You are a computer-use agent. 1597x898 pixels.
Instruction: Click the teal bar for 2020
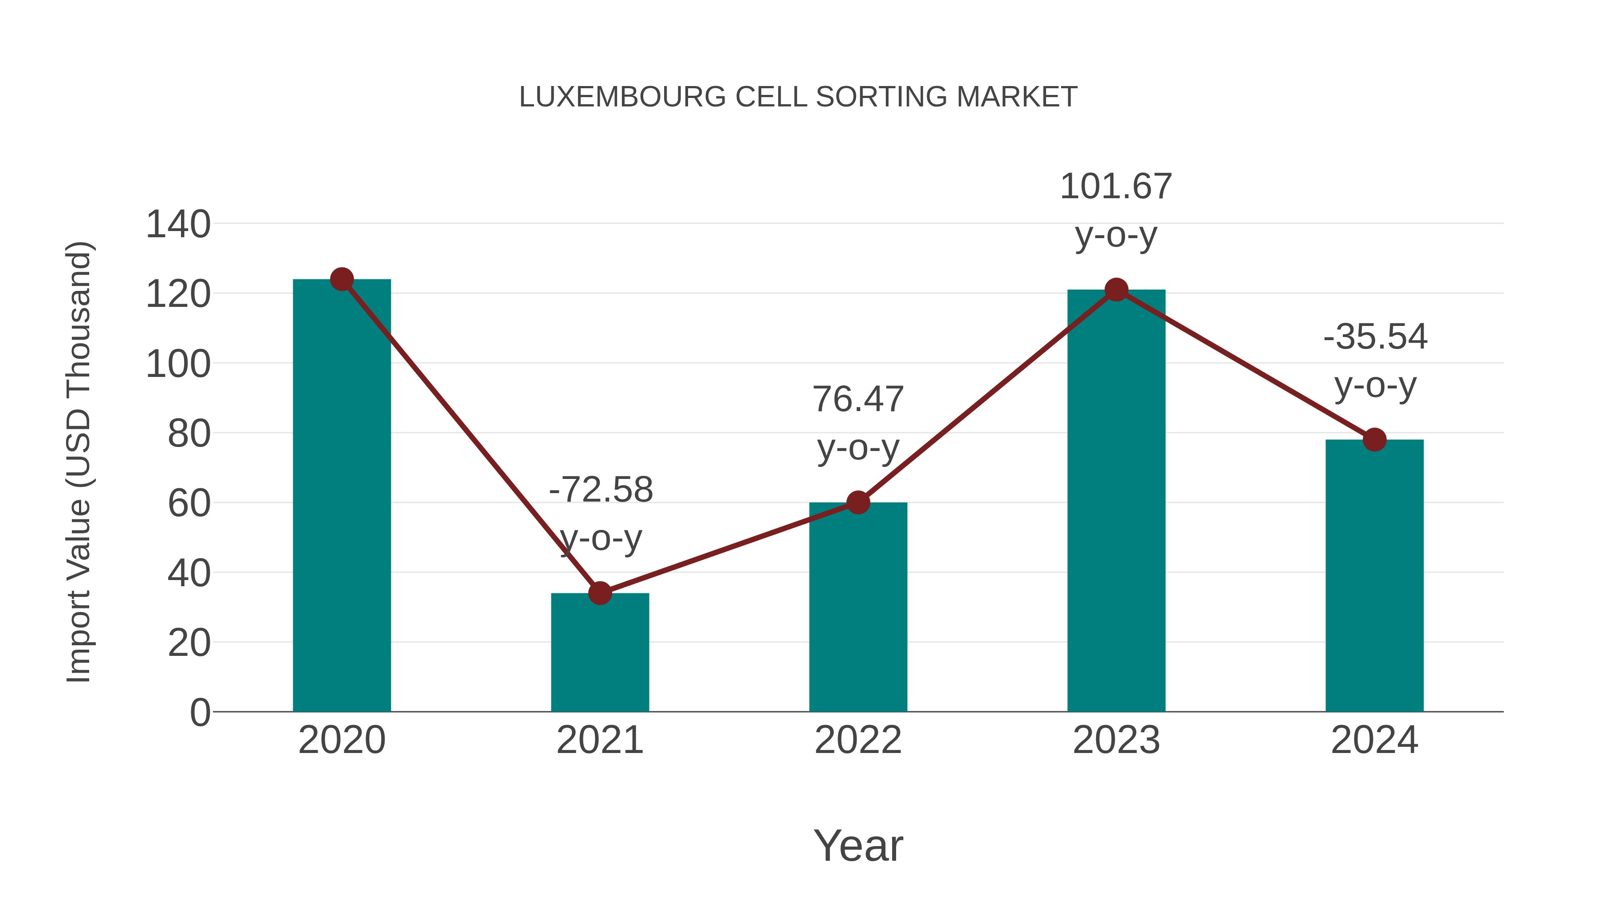click(x=342, y=496)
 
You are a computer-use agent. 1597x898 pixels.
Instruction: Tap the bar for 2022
click(x=858, y=608)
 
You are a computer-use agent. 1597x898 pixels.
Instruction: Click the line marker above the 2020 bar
click(x=342, y=279)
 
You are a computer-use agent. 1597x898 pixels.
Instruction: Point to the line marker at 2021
click(x=599, y=593)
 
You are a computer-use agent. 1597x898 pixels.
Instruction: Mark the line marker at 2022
click(x=858, y=502)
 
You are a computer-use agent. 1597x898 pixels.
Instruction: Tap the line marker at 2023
click(x=1116, y=290)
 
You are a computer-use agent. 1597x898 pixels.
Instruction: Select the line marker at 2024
click(x=1374, y=439)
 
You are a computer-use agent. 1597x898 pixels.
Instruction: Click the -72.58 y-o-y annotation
click(x=601, y=490)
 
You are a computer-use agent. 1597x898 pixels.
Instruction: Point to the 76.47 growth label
click(x=858, y=400)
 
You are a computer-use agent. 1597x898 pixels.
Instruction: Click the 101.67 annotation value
click(x=1116, y=187)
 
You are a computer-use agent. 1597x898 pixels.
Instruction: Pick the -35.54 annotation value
click(x=1375, y=337)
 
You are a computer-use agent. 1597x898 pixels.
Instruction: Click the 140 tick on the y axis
click(x=178, y=224)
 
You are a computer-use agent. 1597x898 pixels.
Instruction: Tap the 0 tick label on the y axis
click(x=200, y=713)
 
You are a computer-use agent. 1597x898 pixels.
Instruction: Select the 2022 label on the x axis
click(x=858, y=740)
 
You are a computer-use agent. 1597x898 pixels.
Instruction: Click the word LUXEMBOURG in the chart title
click(x=622, y=97)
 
